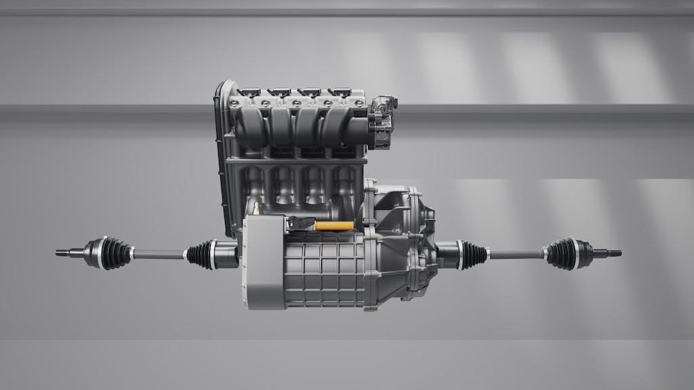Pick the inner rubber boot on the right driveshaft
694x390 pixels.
click(472, 255)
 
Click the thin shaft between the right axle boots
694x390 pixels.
click(515, 255)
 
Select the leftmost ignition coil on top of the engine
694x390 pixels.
click(249, 92)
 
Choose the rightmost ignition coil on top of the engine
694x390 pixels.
click(338, 92)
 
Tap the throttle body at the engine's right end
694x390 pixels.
click(383, 122)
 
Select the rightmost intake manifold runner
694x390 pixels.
click(342, 129)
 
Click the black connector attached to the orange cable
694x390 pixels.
click(302, 223)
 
